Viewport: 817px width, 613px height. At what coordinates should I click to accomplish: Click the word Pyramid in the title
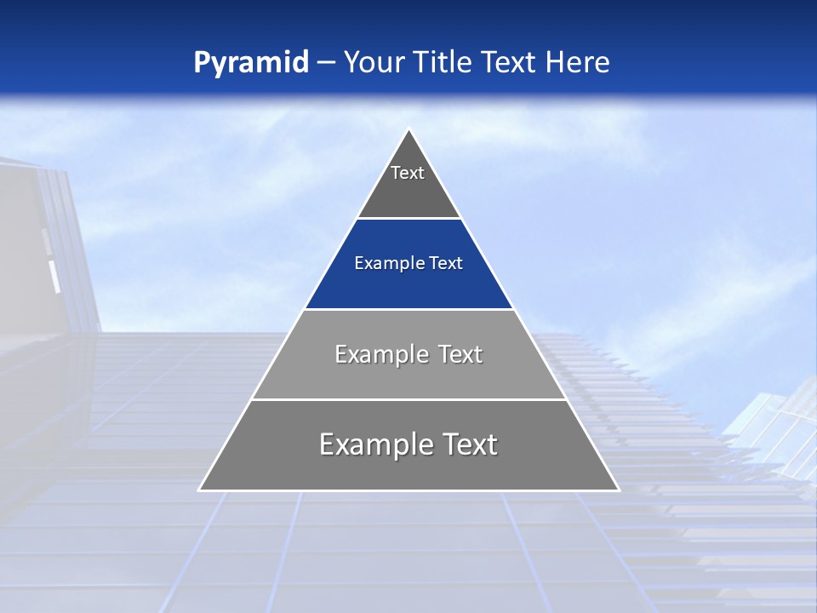pyautogui.click(x=251, y=63)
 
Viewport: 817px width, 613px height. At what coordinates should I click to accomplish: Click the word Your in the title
pyautogui.click(x=374, y=63)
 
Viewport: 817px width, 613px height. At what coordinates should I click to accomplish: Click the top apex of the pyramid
pyautogui.click(x=409, y=130)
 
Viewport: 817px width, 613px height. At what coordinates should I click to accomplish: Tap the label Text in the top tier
pyautogui.click(x=408, y=173)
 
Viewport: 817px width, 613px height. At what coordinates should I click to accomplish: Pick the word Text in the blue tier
pyautogui.click(x=446, y=264)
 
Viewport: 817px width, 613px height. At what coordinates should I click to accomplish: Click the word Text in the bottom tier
pyautogui.click(x=469, y=444)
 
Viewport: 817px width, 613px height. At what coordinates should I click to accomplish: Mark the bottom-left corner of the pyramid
pyautogui.click(x=200, y=490)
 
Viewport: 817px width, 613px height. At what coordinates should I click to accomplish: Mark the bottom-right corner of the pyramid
pyautogui.click(x=618, y=490)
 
